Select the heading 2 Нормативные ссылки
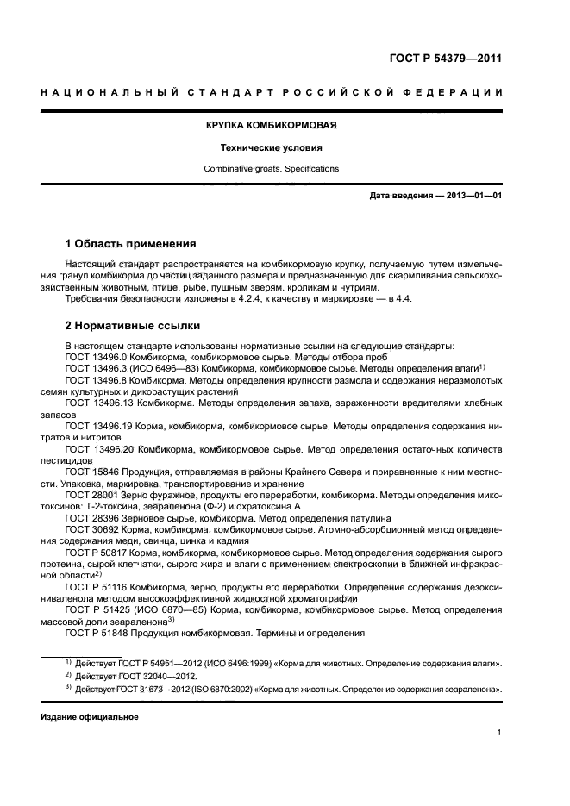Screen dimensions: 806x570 pos(133,326)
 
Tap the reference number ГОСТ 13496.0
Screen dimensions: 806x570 pos(95,356)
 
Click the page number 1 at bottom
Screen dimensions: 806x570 pos(499,733)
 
